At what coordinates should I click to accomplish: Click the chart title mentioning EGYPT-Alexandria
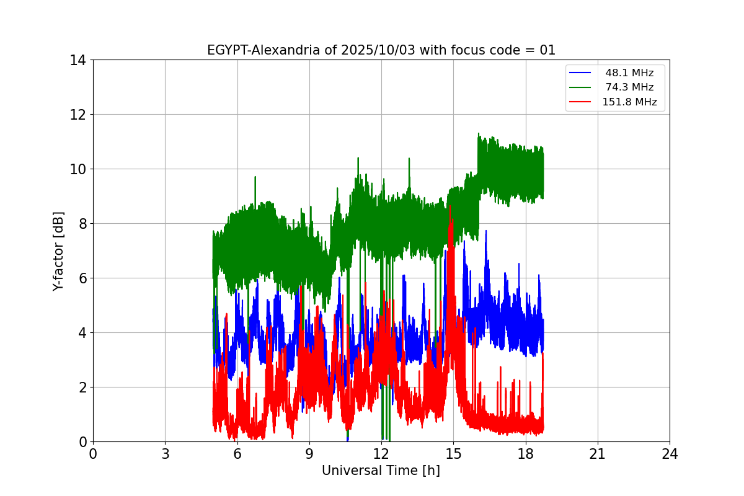click(x=381, y=50)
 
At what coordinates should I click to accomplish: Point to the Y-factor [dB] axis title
click(x=58, y=251)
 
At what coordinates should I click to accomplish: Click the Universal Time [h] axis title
click(x=381, y=471)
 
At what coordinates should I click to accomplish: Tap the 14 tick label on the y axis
click(x=77, y=60)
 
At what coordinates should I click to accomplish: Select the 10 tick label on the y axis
click(x=77, y=169)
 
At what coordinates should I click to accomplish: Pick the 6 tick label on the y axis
click(x=81, y=278)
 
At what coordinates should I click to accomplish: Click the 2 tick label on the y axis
click(x=81, y=387)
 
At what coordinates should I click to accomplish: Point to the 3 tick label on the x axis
click(x=165, y=454)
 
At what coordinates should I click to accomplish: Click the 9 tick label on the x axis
click(x=309, y=454)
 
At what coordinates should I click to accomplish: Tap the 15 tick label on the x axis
click(x=453, y=454)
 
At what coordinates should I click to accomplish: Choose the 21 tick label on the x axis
click(x=598, y=454)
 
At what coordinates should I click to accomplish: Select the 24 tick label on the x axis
click(x=670, y=454)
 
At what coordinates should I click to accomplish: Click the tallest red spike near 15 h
click(x=451, y=207)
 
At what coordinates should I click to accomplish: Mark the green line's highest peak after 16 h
click(x=479, y=133)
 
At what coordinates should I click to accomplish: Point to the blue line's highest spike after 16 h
click(x=486, y=231)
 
